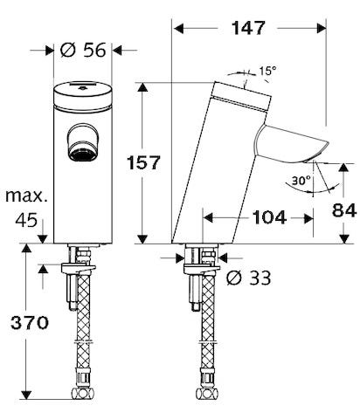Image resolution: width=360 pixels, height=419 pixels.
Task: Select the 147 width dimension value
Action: click(249, 29)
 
